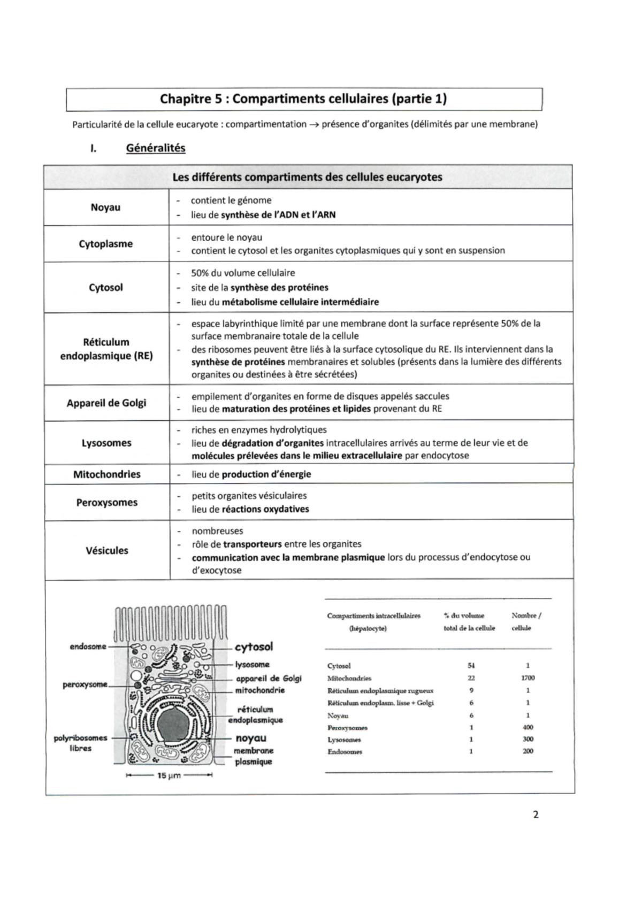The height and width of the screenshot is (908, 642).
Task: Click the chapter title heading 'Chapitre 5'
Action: tap(303, 99)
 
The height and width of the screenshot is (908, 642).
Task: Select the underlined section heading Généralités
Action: tap(156, 148)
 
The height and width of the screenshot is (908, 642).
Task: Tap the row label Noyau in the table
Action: tap(105, 207)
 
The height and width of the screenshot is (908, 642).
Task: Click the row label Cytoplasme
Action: tap(106, 244)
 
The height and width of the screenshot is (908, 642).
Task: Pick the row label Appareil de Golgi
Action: tap(106, 403)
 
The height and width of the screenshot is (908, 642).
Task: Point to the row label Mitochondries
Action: tap(107, 474)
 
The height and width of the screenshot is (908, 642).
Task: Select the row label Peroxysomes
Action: tap(107, 503)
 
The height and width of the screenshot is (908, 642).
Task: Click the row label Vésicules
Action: tap(107, 551)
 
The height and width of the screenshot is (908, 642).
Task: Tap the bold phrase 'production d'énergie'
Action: tap(266, 474)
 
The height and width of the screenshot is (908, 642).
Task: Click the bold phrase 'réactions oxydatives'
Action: tap(265, 509)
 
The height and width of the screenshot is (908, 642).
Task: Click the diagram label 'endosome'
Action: tap(88, 647)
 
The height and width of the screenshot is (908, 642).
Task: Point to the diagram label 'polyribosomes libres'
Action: tap(80, 743)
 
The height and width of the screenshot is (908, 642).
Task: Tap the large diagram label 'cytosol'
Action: tap(254, 647)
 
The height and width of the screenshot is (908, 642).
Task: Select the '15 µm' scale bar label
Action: tap(169, 775)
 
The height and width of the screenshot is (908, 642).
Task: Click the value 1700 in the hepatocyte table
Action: tap(528, 678)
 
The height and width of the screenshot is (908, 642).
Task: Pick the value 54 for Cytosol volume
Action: tap(471, 666)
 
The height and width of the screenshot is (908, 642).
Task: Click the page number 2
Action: tap(536, 815)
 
